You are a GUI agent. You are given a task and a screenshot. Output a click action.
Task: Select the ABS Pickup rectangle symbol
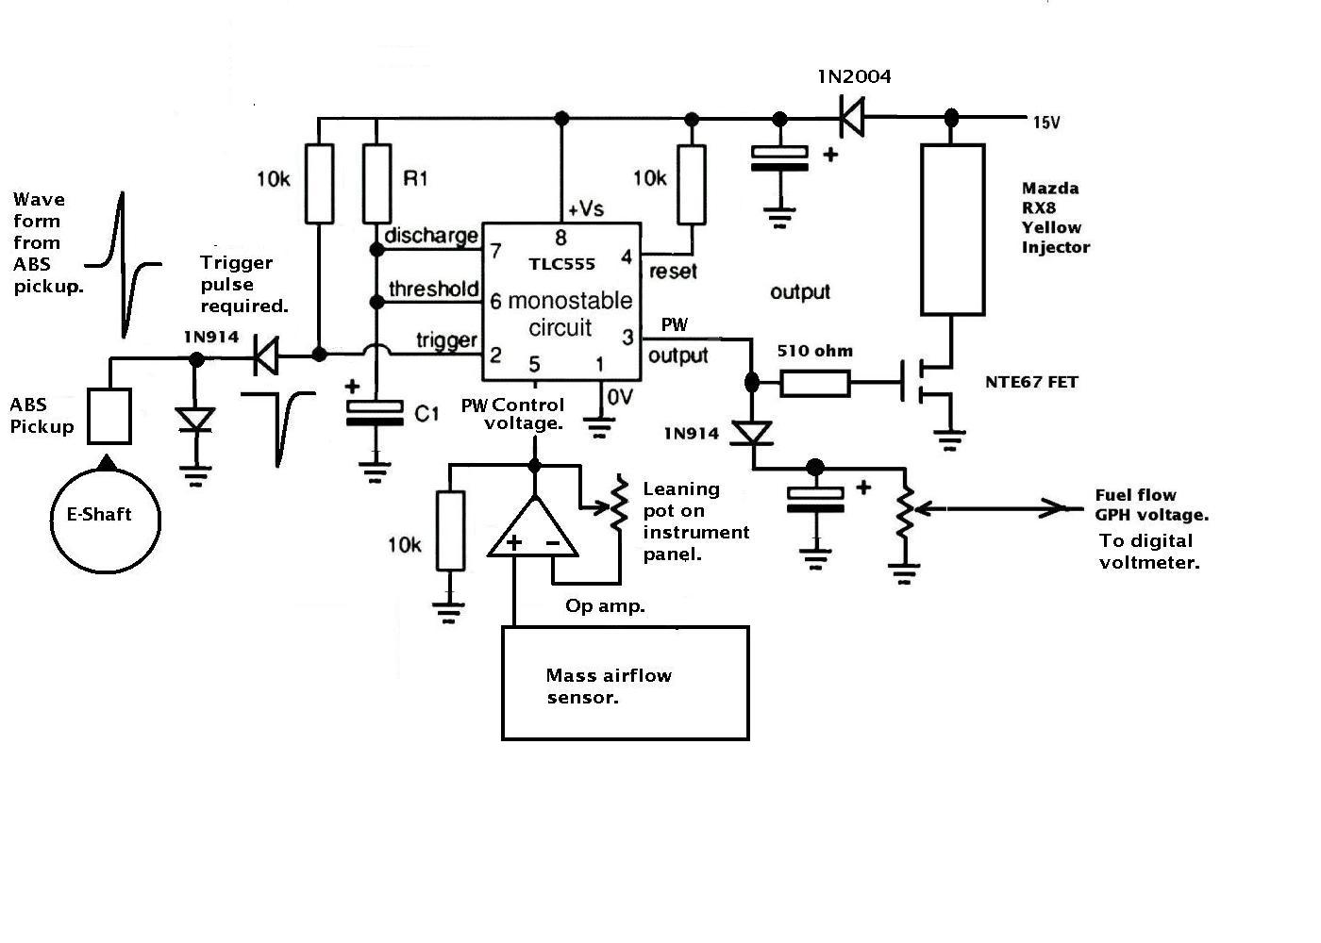(109, 389)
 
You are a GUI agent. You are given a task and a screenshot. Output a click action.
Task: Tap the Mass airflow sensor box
(502, 684)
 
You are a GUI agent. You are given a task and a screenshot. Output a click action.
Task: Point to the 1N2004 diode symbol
(852, 118)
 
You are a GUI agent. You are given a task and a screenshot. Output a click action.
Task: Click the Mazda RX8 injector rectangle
(923, 230)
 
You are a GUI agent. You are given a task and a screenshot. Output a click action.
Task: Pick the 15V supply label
(1046, 123)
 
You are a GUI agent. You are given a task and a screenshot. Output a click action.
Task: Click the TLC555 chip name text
(561, 264)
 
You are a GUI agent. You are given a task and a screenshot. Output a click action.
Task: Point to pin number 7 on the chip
(496, 251)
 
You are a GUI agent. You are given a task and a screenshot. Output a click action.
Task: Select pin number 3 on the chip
(627, 338)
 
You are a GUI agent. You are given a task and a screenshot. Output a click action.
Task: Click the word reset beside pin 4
(673, 272)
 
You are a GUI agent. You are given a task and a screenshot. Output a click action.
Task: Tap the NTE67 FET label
(1031, 382)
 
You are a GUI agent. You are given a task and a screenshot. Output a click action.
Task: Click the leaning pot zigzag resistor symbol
(619, 505)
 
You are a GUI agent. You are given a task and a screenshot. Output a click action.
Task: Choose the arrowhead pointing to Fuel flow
(1054, 508)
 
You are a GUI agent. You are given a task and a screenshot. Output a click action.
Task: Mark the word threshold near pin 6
(433, 289)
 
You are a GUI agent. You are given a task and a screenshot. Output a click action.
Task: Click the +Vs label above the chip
(586, 208)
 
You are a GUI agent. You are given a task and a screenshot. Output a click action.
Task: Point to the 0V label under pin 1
(620, 397)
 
